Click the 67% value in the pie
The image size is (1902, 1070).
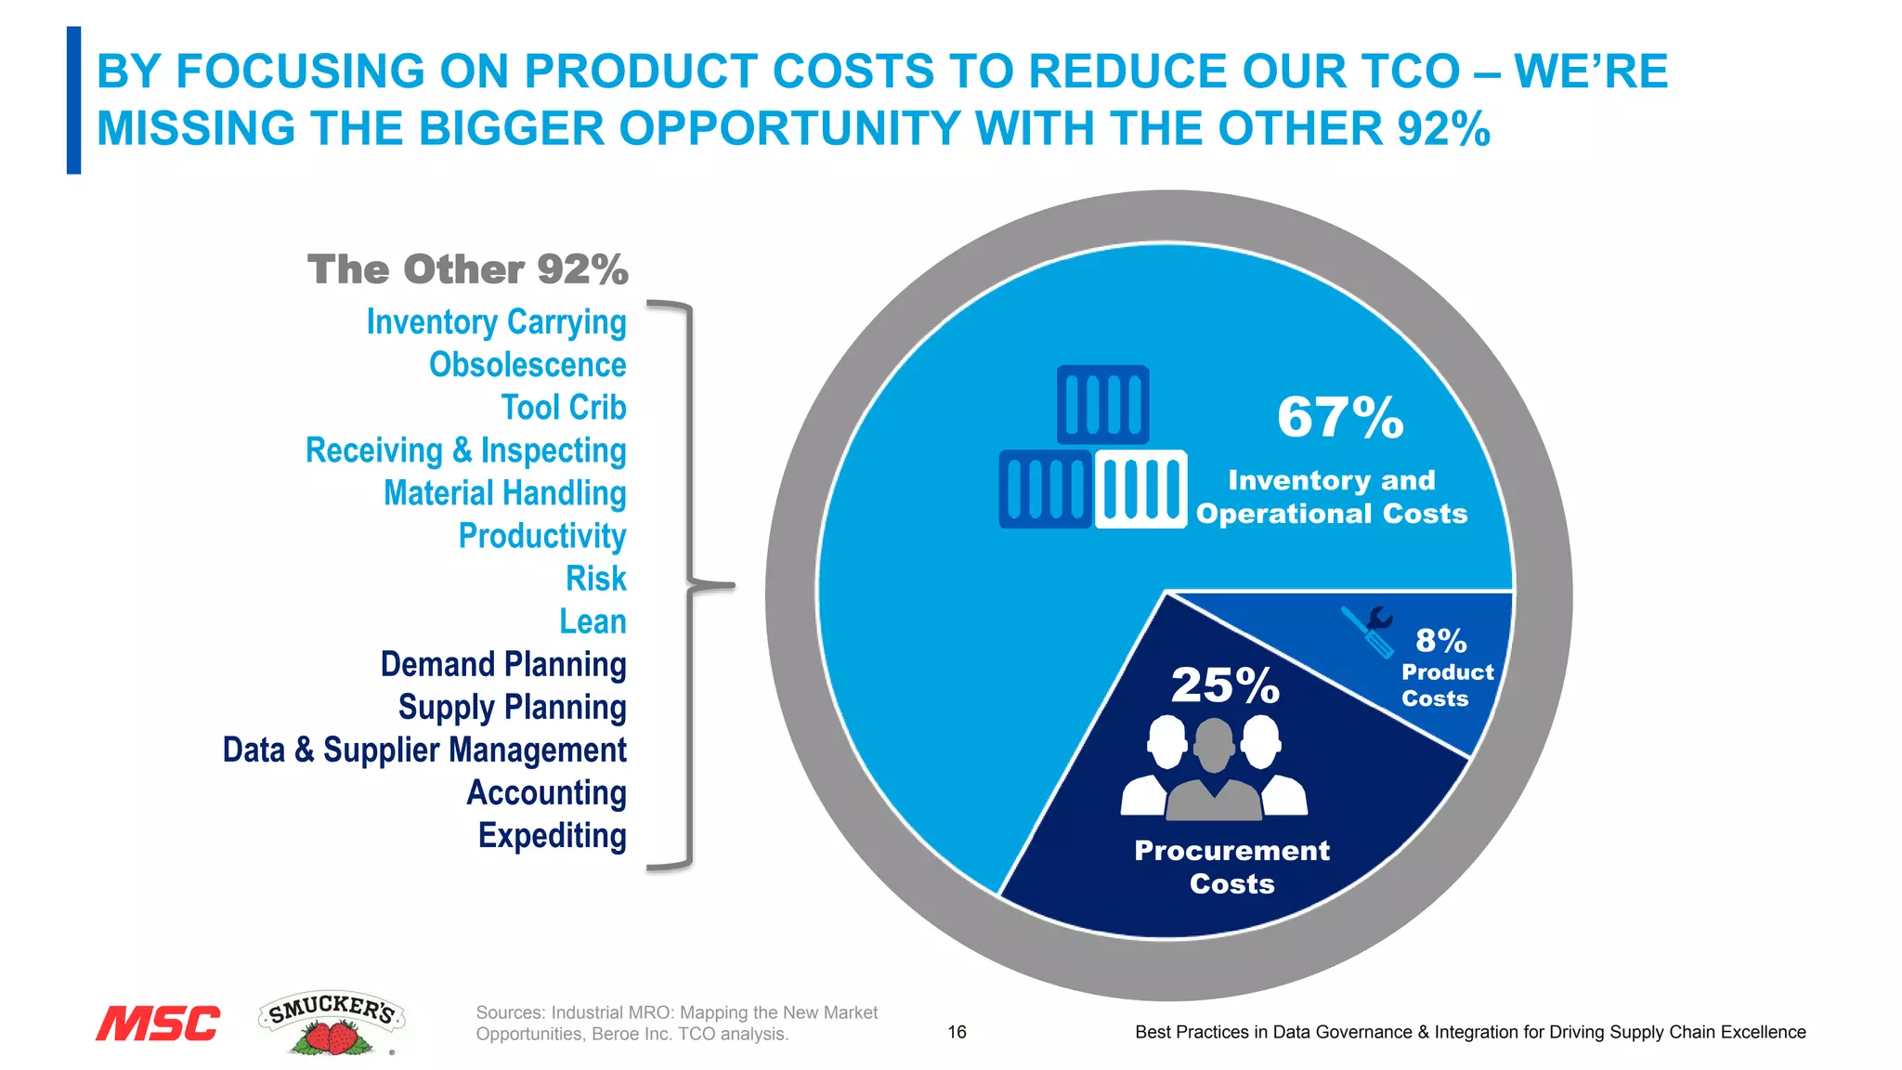[1339, 418]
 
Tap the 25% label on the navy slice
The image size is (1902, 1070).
[1224, 685]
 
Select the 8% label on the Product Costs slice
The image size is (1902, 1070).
[1440, 641]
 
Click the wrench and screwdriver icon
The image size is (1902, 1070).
[1368, 631]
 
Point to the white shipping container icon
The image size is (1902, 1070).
[1140, 489]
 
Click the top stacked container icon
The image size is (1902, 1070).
[1102, 405]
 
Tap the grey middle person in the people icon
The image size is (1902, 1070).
[1214, 771]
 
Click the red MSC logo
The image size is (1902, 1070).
[158, 1024]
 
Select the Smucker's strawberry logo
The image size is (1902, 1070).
[332, 1023]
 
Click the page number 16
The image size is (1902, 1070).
[957, 1032]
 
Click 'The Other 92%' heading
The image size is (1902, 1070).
[468, 270]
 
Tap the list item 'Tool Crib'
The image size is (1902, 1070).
[564, 408]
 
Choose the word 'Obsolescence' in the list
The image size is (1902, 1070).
[528, 365]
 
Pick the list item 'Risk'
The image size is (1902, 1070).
[596, 579]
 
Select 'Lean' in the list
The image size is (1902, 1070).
[593, 621]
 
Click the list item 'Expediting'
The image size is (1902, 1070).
[552, 836]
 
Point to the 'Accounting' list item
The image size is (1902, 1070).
[546, 793]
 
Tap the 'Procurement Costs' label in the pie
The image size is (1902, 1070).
[1231, 867]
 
